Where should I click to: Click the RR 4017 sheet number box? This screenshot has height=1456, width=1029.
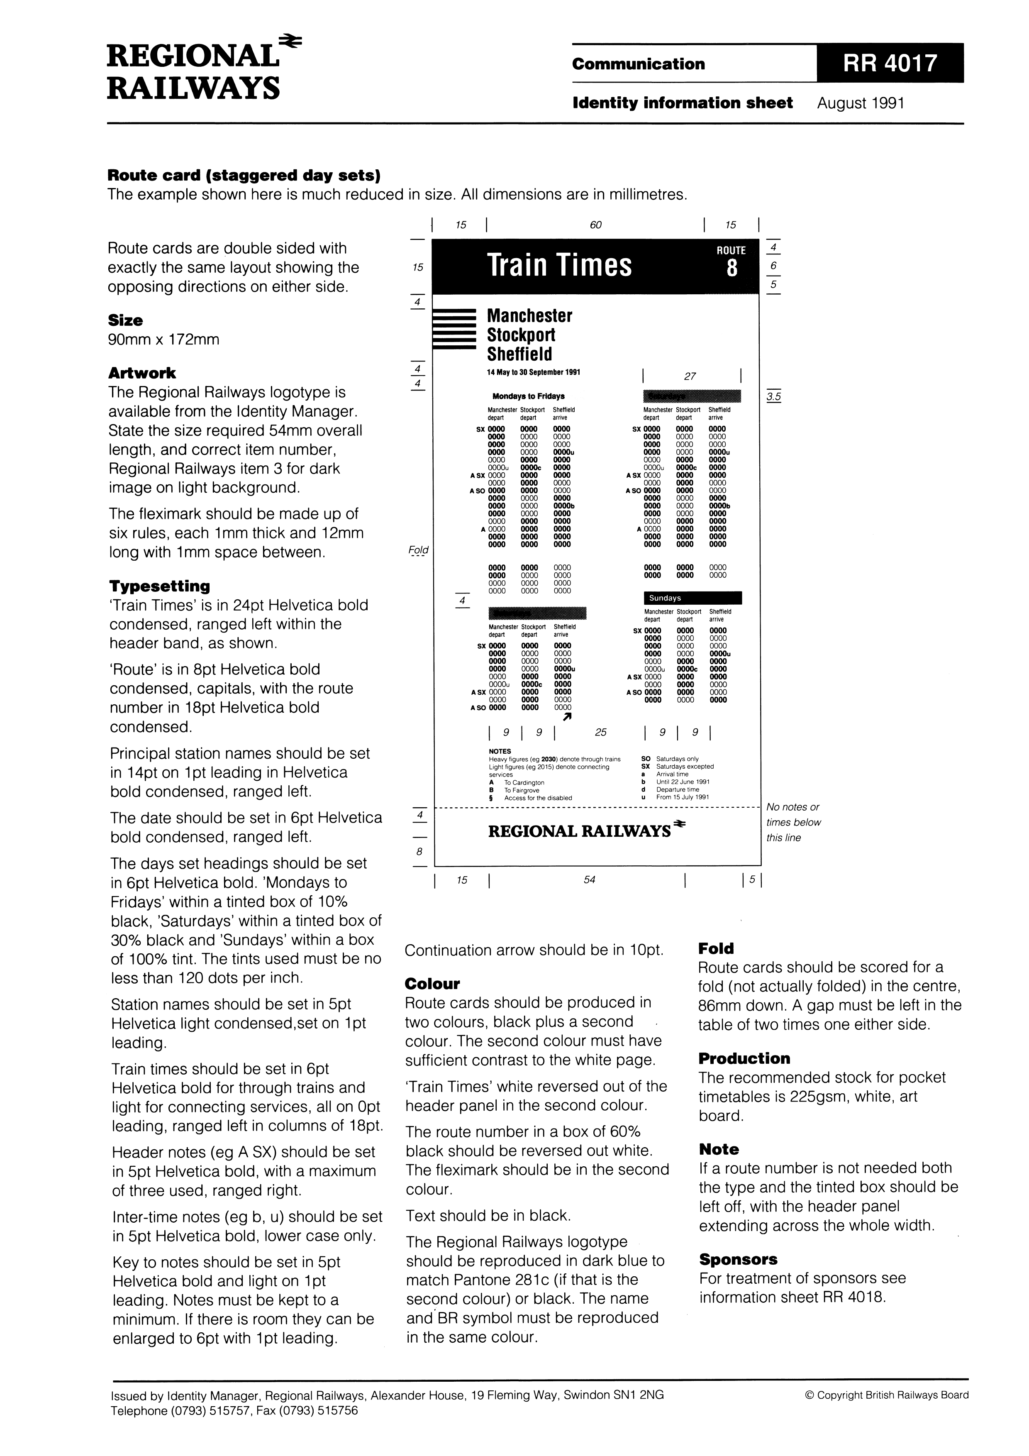pyautogui.click(x=890, y=64)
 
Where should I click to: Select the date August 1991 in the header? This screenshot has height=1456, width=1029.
pyautogui.click(x=861, y=103)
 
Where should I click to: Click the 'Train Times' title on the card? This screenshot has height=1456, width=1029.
pyautogui.click(x=559, y=265)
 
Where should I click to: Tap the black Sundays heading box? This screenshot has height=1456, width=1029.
pyautogui.click(x=693, y=598)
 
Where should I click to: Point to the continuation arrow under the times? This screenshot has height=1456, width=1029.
pyautogui.click(x=568, y=716)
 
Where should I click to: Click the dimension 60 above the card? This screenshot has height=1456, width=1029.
pyautogui.click(x=595, y=225)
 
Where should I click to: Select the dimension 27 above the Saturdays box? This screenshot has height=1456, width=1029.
pyautogui.click(x=690, y=376)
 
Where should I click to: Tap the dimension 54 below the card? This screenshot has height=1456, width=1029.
pyautogui.click(x=589, y=879)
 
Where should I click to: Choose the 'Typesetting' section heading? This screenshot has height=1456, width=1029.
pyautogui.click(x=159, y=585)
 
